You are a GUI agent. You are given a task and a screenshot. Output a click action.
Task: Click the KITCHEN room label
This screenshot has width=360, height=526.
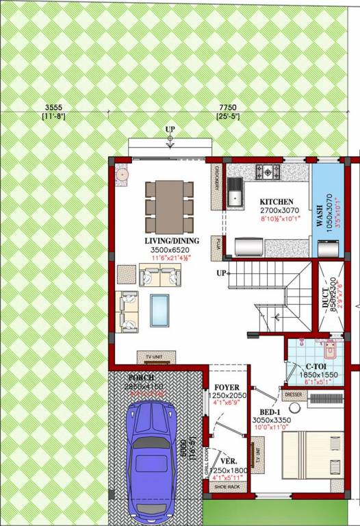pyautogui.click(x=277, y=202)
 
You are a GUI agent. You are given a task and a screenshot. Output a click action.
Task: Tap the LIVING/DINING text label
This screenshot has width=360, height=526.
pyautogui.click(x=171, y=240)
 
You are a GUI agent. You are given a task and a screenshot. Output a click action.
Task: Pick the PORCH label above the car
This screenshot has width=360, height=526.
pyautogui.click(x=141, y=377)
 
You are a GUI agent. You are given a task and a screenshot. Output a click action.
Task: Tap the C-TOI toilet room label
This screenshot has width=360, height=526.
pyautogui.click(x=316, y=367)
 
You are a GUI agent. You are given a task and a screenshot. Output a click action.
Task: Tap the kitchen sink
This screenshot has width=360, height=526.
pyautogui.click(x=235, y=192)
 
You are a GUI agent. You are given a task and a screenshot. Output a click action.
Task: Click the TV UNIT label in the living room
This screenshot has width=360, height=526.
pyautogui.click(x=156, y=358)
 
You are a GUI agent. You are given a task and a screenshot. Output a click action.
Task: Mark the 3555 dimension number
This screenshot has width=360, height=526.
pyautogui.click(x=53, y=108)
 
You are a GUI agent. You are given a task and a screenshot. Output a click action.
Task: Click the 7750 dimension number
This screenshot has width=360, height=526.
pyautogui.click(x=227, y=108)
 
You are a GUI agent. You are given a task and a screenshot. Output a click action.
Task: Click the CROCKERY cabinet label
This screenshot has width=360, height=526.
pyautogui.click(x=216, y=173)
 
